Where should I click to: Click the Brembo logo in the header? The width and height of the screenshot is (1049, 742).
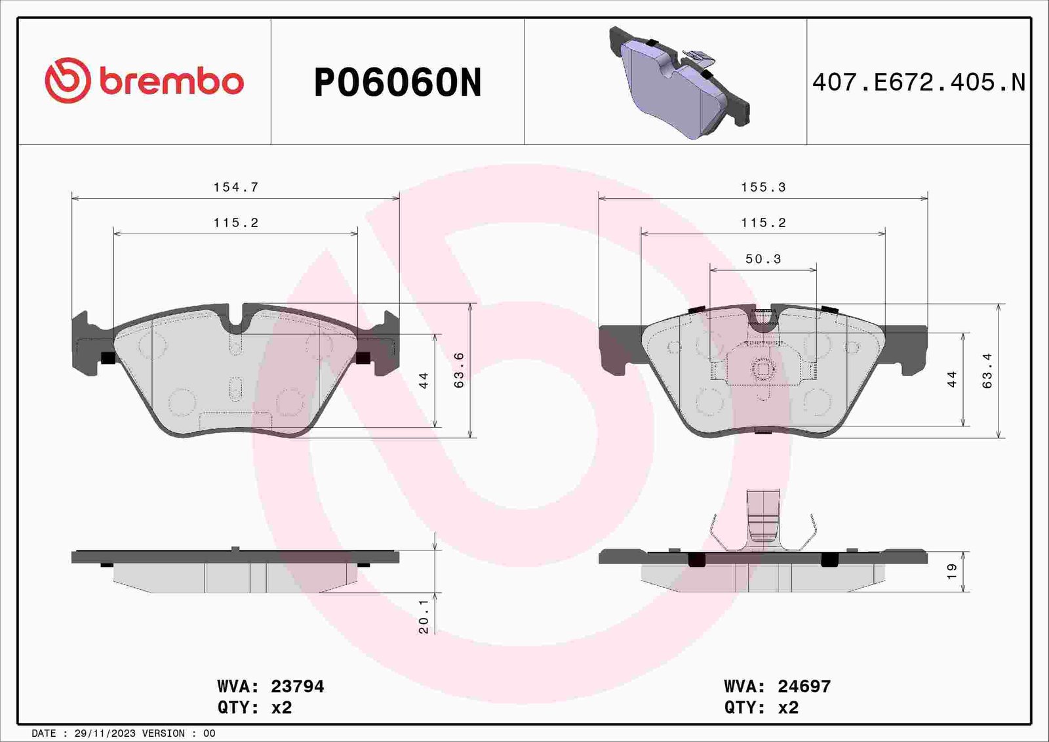(x=144, y=81)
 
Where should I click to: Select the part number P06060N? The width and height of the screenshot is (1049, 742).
(x=397, y=83)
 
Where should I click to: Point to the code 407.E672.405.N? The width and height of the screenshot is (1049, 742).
(x=919, y=83)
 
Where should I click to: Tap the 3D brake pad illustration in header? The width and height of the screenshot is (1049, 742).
(x=679, y=83)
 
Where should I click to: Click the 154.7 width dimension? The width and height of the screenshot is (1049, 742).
(x=236, y=187)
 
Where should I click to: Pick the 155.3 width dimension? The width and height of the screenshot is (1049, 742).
(x=763, y=187)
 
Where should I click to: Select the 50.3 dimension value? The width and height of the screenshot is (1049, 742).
(x=763, y=258)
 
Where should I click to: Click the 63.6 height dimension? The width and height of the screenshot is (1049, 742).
(x=460, y=370)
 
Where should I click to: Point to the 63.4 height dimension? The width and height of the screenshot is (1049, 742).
(x=987, y=370)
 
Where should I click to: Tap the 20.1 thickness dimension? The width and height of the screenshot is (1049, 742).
(x=424, y=616)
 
